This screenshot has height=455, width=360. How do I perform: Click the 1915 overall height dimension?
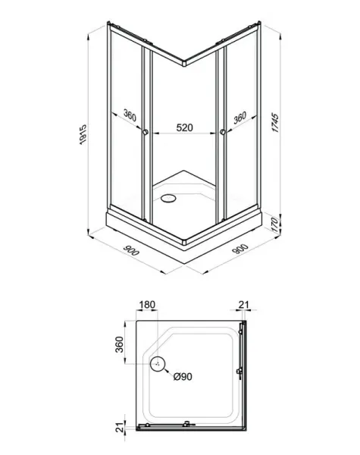click(x=83, y=134)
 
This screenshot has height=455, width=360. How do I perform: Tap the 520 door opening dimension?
click(x=184, y=127)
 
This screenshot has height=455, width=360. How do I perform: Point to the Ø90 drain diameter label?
click(x=183, y=376)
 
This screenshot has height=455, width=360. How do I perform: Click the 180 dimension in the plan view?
click(x=147, y=305)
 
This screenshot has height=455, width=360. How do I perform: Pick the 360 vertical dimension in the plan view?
click(x=119, y=344)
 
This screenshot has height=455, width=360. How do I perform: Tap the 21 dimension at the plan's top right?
click(x=244, y=305)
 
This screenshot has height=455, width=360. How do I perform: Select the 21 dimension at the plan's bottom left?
click(x=120, y=428)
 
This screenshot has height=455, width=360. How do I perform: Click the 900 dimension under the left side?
click(x=131, y=250)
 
